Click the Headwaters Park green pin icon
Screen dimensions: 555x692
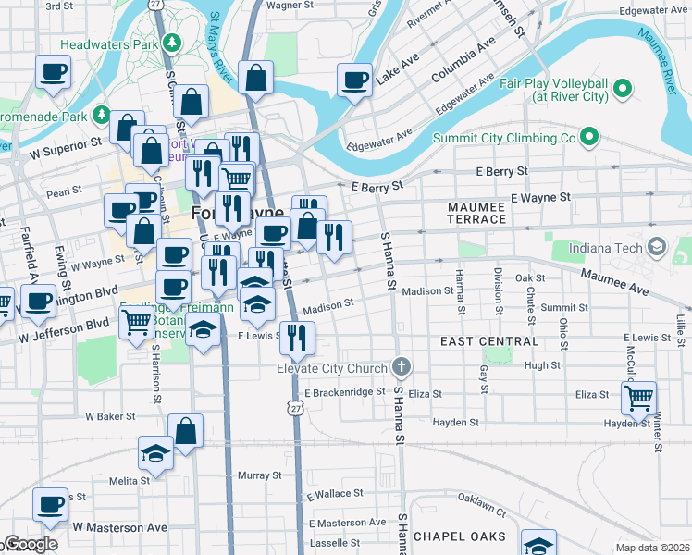(x=169, y=43)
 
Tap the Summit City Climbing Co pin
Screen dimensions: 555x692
(x=587, y=139)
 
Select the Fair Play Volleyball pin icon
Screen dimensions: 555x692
(x=623, y=89)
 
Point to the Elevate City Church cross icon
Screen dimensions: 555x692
(x=401, y=368)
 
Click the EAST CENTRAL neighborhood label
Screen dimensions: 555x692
(x=489, y=341)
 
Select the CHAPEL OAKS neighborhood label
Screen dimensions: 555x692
(x=460, y=536)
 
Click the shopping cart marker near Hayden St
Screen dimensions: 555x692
(x=638, y=398)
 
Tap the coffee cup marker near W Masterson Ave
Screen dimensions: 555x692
(x=50, y=504)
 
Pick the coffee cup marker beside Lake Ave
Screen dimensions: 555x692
(x=354, y=80)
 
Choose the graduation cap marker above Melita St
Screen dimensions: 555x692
(x=155, y=452)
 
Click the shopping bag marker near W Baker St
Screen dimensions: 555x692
(x=185, y=430)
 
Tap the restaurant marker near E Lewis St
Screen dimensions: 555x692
(x=297, y=338)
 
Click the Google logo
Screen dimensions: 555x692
(x=31, y=544)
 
